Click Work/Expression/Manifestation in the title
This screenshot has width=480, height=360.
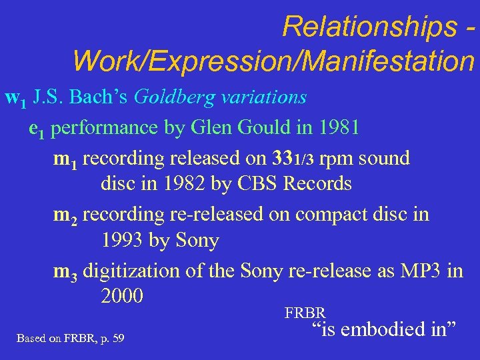pos(273,62)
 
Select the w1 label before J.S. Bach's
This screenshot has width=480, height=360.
pos(15,99)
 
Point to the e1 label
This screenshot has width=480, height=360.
pos(37,128)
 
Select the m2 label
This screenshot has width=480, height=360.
pos(65,215)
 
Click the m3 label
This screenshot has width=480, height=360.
pos(65,271)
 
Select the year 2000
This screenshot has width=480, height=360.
pos(122,295)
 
